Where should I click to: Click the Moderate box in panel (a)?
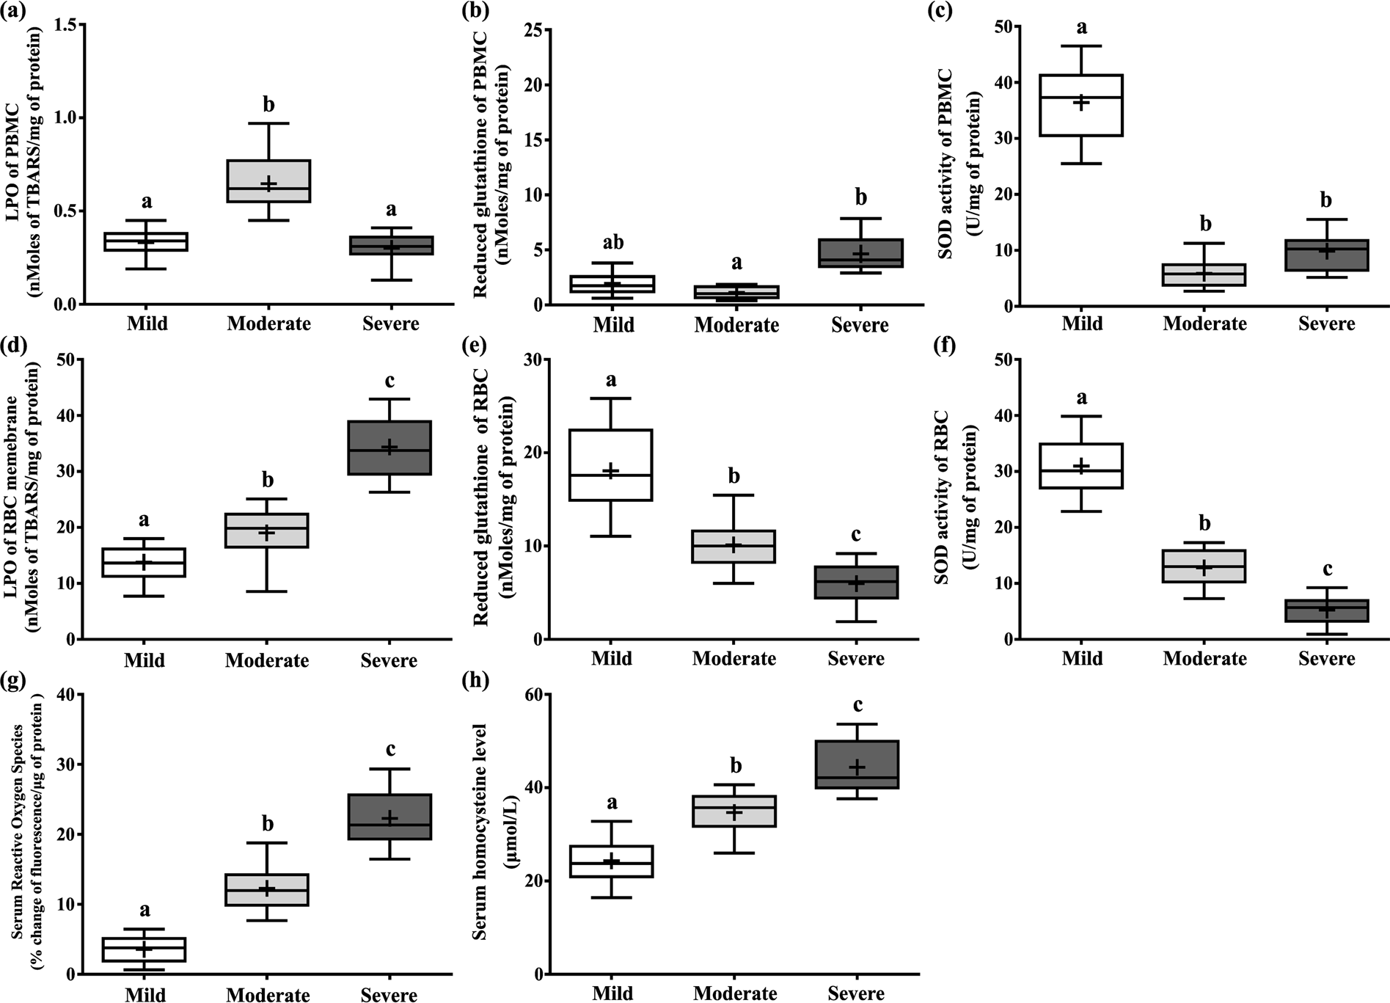tap(268, 180)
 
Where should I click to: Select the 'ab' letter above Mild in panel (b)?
tap(613, 243)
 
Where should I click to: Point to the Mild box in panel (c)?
tap(1082, 105)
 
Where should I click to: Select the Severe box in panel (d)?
tap(389, 448)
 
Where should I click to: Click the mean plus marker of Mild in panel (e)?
tap(611, 471)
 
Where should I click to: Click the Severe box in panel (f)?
tap(1327, 610)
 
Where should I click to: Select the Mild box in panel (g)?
tap(145, 949)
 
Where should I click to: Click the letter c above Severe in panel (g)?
tap(390, 748)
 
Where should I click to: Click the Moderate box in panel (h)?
tap(735, 811)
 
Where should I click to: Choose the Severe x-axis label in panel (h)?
tap(856, 993)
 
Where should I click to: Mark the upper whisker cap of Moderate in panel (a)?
tap(268, 123)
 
